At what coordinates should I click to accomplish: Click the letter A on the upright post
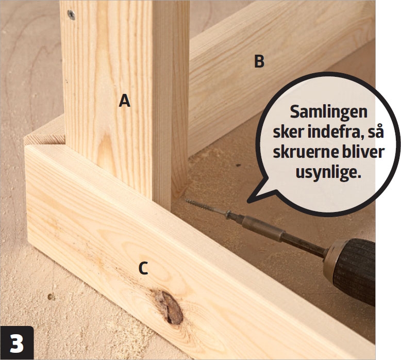pyautogui.click(x=125, y=101)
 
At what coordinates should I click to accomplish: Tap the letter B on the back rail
pyautogui.click(x=259, y=61)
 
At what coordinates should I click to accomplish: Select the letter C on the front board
pyautogui.click(x=143, y=268)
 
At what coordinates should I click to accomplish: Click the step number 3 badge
pyautogui.click(x=17, y=343)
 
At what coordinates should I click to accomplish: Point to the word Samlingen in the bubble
pyautogui.click(x=329, y=112)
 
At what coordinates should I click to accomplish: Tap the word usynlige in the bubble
pyautogui.click(x=328, y=172)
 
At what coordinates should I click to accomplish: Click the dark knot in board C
pyautogui.click(x=169, y=306)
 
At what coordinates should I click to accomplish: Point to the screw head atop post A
pyautogui.click(x=71, y=14)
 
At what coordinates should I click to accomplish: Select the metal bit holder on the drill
pyautogui.click(x=263, y=228)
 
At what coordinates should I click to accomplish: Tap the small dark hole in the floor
pyautogui.click(x=51, y=297)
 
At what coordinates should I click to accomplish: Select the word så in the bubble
pyautogui.click(x=376, y=132)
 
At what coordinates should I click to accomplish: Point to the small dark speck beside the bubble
pyautogui.click(x=238, y=165)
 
